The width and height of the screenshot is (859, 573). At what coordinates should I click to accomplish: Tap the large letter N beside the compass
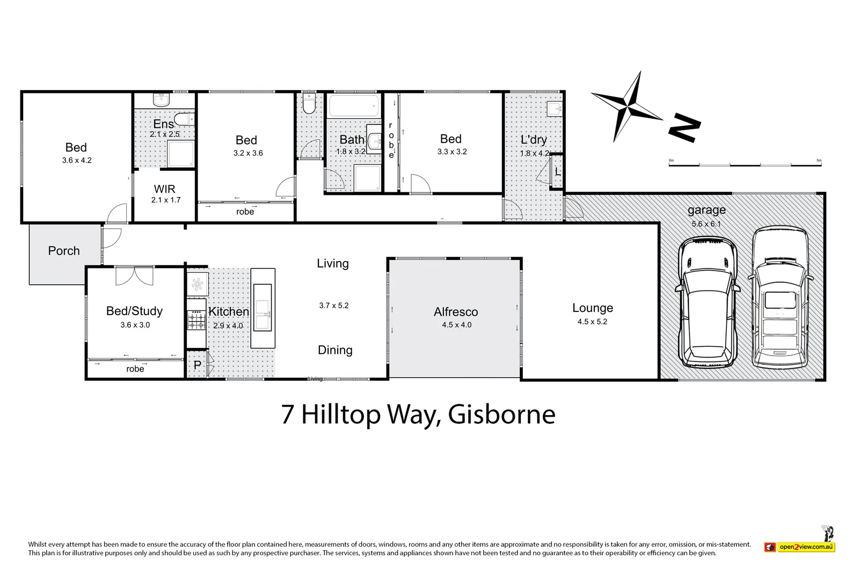coord(685,128)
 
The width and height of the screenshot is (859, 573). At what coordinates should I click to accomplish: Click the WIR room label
coord(164,189)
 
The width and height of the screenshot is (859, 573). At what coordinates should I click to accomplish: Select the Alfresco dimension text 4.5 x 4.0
coord(456,325)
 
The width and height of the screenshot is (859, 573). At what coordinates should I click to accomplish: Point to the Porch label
coord(64,251)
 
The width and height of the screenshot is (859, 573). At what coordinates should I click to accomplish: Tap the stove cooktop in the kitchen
coord(196,321)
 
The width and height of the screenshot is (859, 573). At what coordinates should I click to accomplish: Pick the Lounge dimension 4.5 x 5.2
coord(592,322)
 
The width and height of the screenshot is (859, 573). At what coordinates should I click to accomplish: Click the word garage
coord(706,210)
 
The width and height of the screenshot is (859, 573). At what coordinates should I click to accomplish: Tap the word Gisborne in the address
coord(501,415)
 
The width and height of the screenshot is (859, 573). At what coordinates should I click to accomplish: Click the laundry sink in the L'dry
coord(555,110)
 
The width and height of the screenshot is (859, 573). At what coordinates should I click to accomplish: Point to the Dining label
coord(335,350)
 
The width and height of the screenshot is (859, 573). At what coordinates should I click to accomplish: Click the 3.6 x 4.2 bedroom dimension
coord(77,160)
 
